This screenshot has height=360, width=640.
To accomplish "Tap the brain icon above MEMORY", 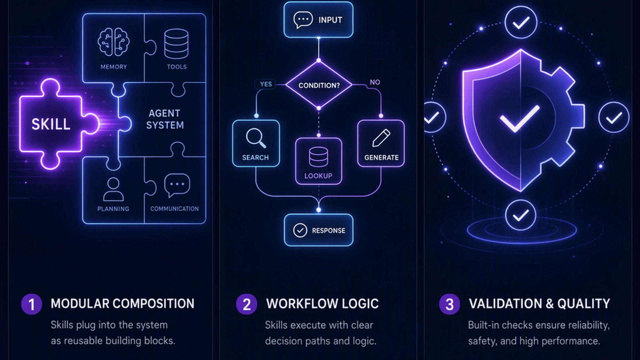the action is coord(114,42).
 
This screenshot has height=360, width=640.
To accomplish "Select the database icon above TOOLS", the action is coord(176,44).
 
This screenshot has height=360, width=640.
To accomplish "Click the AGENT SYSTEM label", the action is coord(165,119).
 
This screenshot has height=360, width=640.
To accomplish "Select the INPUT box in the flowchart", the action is coord(318,20).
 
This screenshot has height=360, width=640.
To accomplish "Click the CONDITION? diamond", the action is coord(319,85).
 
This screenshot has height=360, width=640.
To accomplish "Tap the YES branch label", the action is coord(266,84).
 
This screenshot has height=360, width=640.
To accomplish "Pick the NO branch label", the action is coord(375,82).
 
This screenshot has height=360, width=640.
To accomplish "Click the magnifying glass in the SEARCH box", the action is coord(256,138).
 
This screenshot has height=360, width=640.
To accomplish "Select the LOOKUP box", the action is coord(318,161).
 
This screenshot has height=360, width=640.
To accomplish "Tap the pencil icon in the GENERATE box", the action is coord(381,138).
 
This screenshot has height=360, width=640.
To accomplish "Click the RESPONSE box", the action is coord(318,230).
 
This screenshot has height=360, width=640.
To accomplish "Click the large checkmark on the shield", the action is coord(520,118).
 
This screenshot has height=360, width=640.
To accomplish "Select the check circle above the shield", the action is coord(521,22).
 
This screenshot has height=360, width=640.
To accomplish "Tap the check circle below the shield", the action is coord(520,215).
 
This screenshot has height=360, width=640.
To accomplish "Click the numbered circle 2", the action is coord(246,304).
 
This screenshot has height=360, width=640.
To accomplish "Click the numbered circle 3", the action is coord(450,304).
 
